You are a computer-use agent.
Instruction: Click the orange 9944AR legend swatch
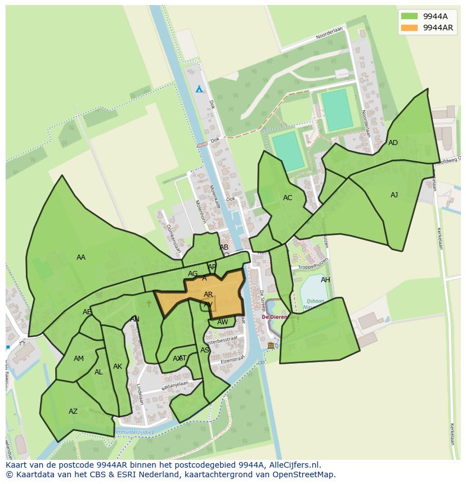[409, 28]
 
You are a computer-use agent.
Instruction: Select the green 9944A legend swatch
[409, 16]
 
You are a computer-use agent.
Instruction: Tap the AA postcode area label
[81, 257]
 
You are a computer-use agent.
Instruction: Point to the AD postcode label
[393, 143]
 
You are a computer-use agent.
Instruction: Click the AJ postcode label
[394, 195]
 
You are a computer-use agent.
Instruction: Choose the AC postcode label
[288, 198]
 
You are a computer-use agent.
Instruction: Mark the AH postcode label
[325, 280]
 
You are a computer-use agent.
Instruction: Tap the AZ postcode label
[73, 411]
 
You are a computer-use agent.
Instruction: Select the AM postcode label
[79, 359]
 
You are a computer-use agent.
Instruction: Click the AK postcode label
[118, 367]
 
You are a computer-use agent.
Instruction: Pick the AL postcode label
[98, 372]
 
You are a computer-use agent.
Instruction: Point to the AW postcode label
[223, 322]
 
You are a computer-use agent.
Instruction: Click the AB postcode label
[224, 247]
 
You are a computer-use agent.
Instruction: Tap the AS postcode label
[205, 350]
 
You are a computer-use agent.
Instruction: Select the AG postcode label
[193, 274]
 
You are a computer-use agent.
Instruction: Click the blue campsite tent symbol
[199, 89]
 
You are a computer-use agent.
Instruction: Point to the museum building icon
[271, 345]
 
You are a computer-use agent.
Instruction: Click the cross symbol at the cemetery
[149, 304]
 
